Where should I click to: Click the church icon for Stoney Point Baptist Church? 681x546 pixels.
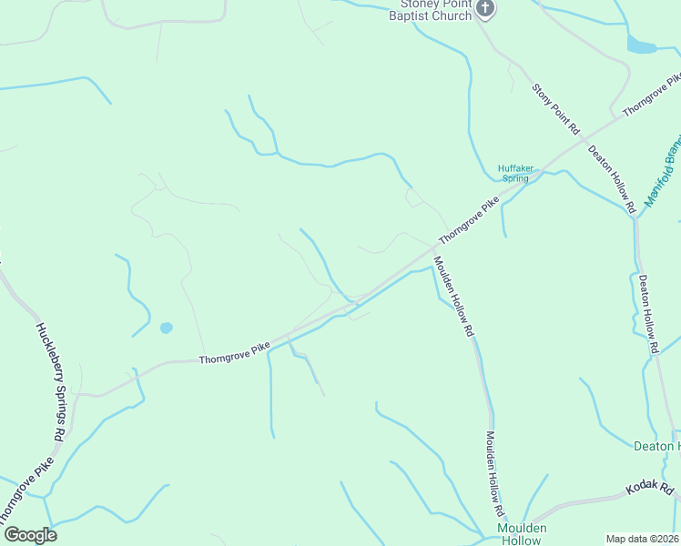(485, 9)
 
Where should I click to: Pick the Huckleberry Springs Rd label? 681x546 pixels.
(49, 382)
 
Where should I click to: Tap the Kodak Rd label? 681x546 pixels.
(649, 490)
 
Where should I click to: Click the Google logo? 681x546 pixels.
(29, 535)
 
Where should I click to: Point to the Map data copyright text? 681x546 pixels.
(642, 539)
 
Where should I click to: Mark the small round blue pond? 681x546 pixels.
(166, 328)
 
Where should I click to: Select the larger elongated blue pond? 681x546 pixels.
(641, 45)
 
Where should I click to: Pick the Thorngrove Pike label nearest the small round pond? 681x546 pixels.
(235, 355)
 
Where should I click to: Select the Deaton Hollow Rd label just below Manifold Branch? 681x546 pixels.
(648, 314)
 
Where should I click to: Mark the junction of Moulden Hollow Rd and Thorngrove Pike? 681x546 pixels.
(433, 248)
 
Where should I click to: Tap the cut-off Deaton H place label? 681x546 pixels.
(656, 446)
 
